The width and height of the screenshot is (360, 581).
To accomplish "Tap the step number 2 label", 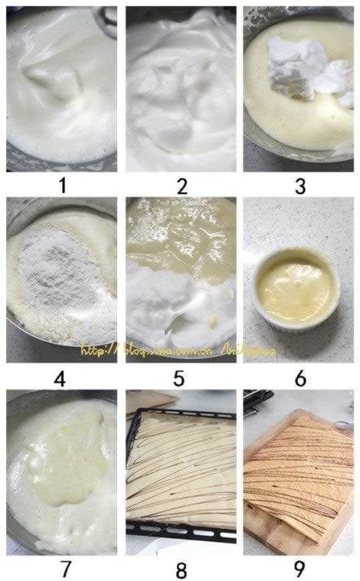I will point(181,185).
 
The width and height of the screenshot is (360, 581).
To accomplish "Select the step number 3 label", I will point(300,185).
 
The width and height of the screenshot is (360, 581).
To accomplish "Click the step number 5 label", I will point(181,379).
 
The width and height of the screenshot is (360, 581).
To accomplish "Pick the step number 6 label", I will point(300,379).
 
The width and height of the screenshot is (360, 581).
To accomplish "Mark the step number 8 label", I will point(181,569).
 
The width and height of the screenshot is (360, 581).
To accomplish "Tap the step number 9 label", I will point(300,569).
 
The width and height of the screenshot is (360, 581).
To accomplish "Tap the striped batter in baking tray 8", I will point(181,470).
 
